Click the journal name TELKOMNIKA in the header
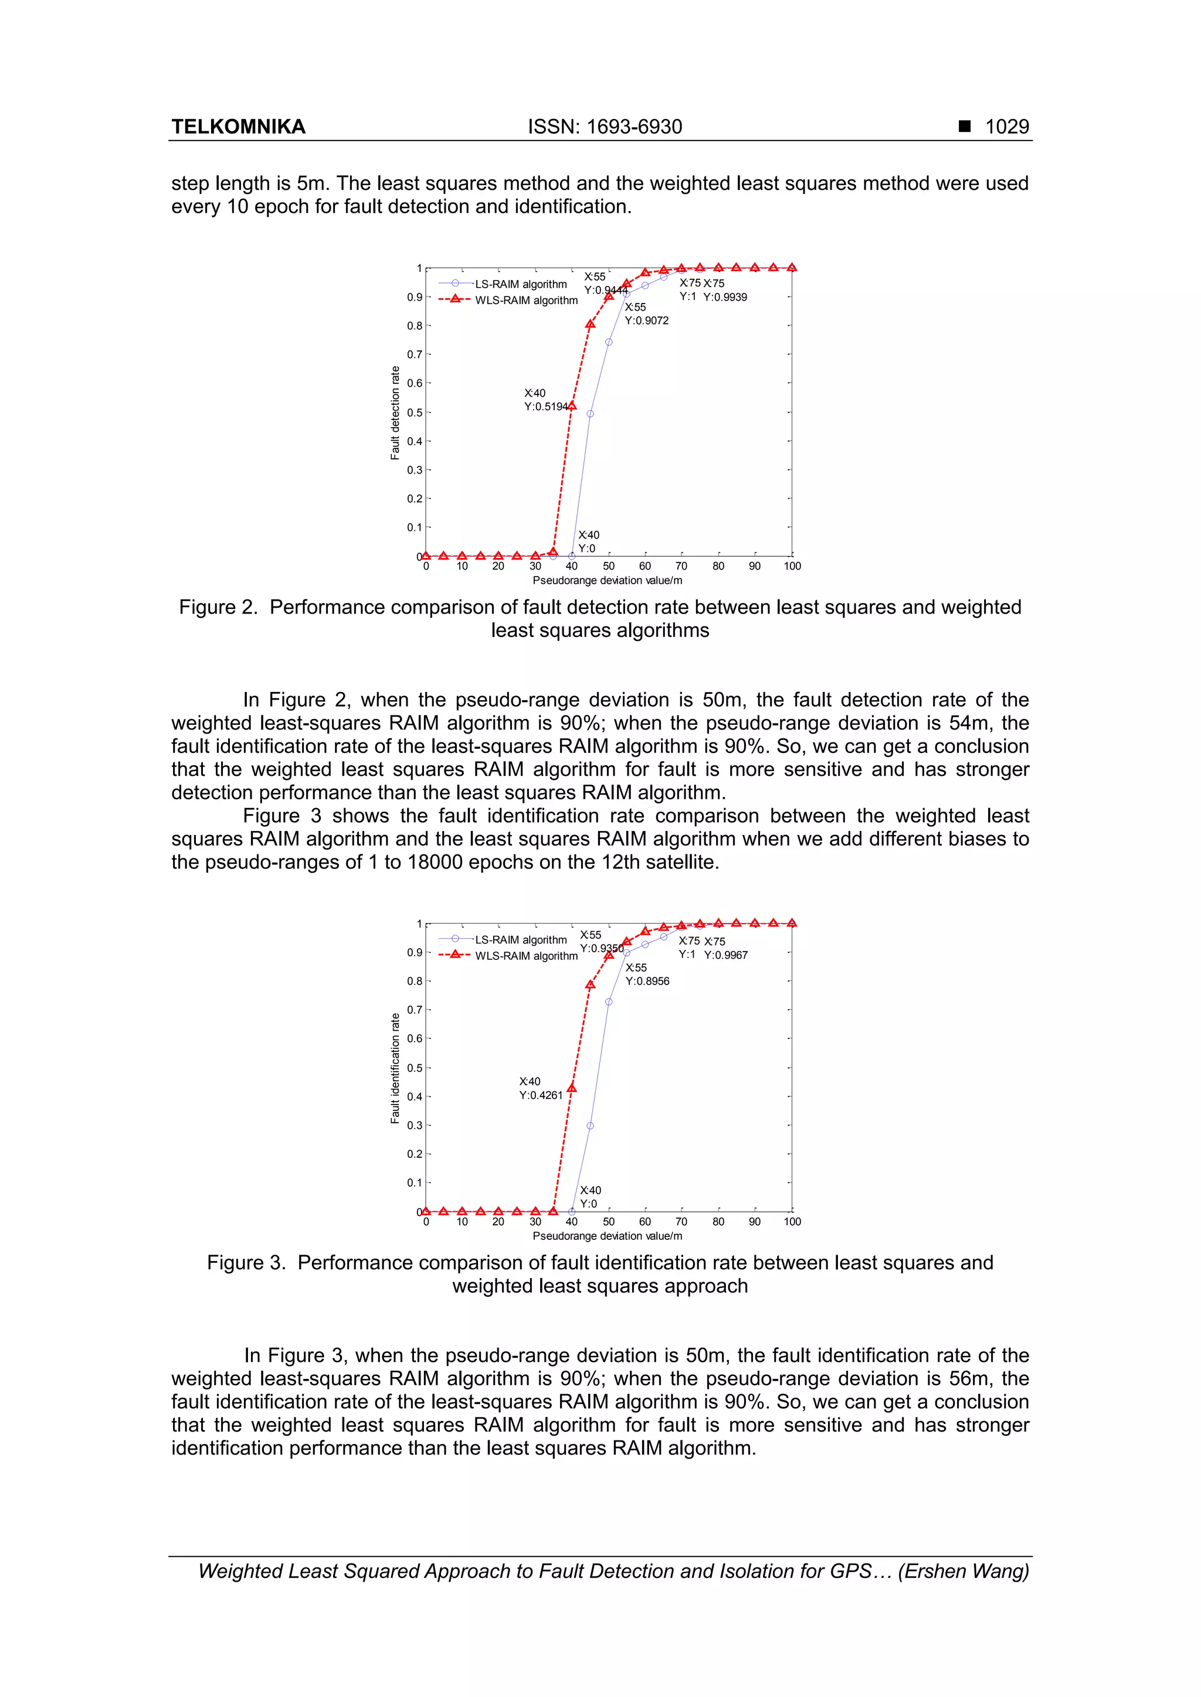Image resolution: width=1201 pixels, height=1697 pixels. pyautogui.click(x=238, y=127)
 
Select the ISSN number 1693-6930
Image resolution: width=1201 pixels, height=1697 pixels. pyautogui.click(x=635, y=127)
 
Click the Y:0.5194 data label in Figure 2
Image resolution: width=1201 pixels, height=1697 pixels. pyautogui.click(x=546, y=407)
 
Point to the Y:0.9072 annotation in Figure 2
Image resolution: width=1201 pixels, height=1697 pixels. pyautogui.click(x=646, y=321)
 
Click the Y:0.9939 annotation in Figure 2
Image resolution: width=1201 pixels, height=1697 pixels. pyautogui.click(x=725, y=297)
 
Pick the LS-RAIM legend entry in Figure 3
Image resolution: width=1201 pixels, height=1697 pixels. pyautogui.click(x=521, y=939)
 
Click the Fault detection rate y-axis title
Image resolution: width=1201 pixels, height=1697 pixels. pyautogui.click(x=395, y=413)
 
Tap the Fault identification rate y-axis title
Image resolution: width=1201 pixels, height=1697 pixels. pyautogui.click(x=395, y=1068)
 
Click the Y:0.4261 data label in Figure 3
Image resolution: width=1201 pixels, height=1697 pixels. pyautogui.click(x=541, y=1095)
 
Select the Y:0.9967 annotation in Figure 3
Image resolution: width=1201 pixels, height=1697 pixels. pyautogui.click(x=725, y=955)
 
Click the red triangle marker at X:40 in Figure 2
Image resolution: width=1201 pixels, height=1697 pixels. pyautogui.click(x=572, y=405)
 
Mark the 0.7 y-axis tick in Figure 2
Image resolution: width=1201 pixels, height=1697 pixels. pyautogui.click(x=414, y=355)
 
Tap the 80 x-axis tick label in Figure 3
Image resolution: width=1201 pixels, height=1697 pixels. pyautogui.click(x=718, y=1222)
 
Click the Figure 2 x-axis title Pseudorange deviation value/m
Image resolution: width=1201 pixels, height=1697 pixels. pyautogui.click(x=607, y=580)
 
